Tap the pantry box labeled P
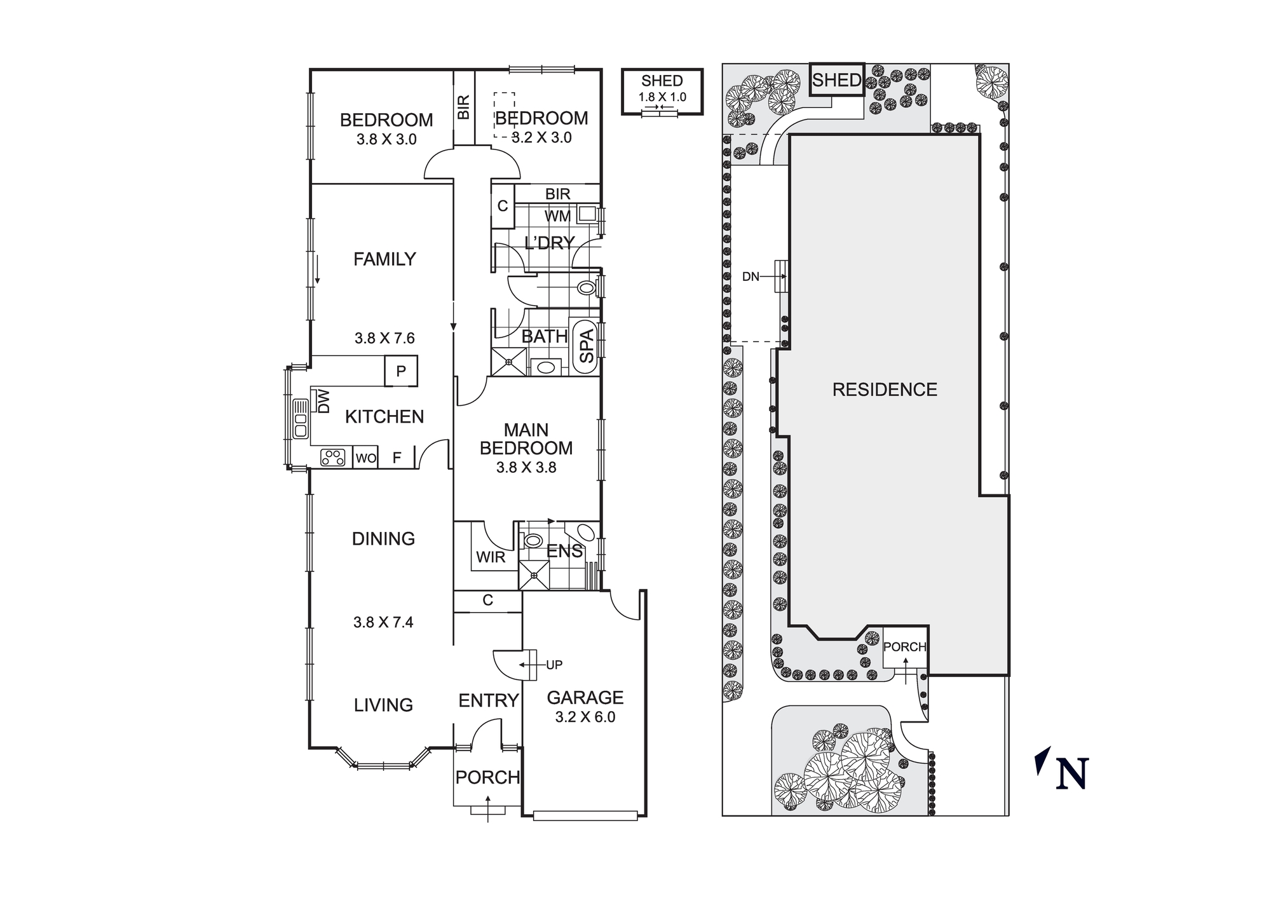pos(401,371)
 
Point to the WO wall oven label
pos(365,458)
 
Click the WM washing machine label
pos(557,217)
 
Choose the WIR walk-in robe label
pos(491,557)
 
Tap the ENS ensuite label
pos(564,551)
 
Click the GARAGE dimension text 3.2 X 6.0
pos(585,718)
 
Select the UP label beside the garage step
pos(554,665)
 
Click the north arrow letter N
pos(1072,775)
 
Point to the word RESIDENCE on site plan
pos(885,390)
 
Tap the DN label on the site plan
pos(751,277)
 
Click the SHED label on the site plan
pos(836,80)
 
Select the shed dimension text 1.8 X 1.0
pos(662,97)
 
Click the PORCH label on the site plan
pos(905,647)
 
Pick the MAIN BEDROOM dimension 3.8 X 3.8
pos(526,468)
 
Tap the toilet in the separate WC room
pos(586,289)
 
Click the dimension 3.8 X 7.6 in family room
pos(384,338)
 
